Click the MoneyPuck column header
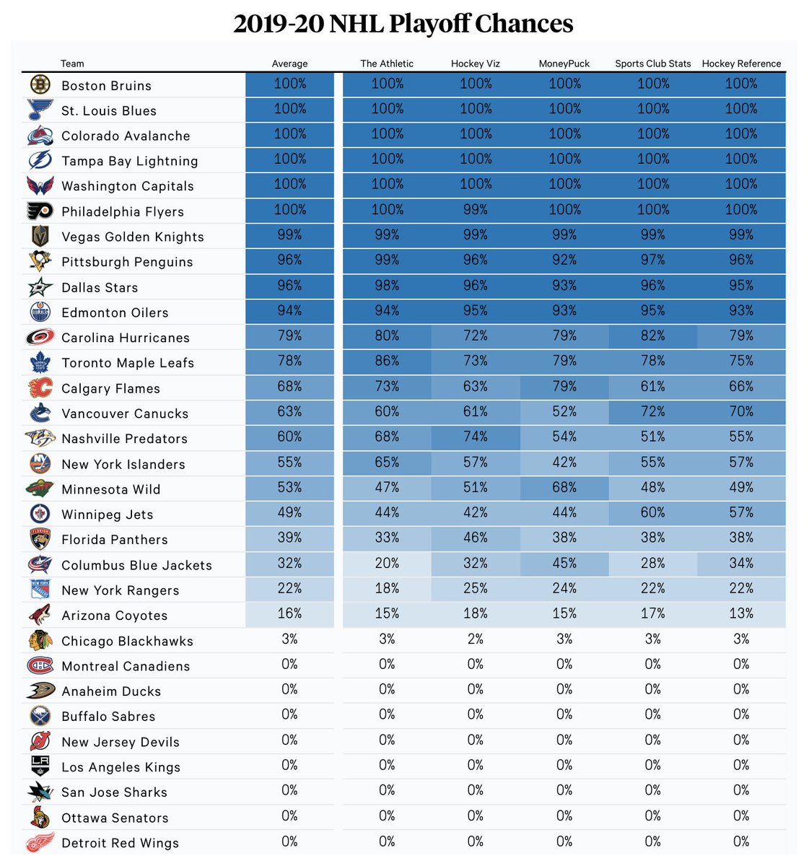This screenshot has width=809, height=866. click(x=564, y=64)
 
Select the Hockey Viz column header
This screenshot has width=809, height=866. click(x=476, y=64)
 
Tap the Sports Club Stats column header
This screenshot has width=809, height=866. click(x=653, y=64)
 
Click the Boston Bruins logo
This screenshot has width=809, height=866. click(x=40, y=84)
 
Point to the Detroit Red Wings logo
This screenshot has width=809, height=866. click(x=40, y=842)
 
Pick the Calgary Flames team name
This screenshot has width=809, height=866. click(x=110, y=388)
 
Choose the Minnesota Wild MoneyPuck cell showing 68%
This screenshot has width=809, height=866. click(x=564, y=487)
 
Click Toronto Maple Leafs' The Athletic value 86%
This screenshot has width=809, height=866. click(x=387, y=361)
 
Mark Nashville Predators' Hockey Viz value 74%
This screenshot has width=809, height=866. click(x=476, y=437)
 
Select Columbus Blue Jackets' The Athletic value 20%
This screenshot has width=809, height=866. click(x=387, y=563)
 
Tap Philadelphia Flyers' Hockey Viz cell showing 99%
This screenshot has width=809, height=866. click(x=476, y=209)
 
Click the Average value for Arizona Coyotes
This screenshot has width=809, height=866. click(x=289, y=613)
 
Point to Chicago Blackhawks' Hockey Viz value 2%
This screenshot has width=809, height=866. click(x=476, y=639)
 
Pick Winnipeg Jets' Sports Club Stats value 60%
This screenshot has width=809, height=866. click(x=653, y=512)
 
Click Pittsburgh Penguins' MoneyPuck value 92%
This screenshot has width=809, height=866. click(x=564, y=260)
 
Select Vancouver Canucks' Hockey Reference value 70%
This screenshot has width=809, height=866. click(x=741, y=411)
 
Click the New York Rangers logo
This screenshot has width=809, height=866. click(x=40, y=589)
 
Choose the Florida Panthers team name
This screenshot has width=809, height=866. click(x=115, y=540)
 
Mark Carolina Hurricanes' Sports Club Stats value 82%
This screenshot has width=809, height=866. click(x=653, y=336)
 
